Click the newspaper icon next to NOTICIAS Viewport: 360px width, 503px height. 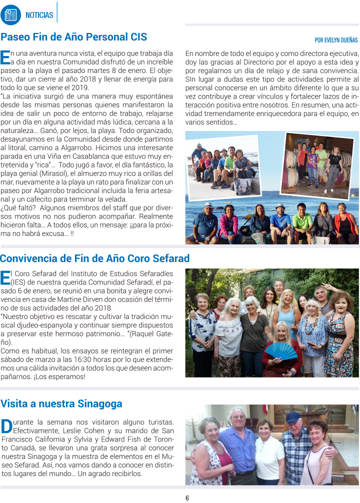pyautogui.click(x=10, y=14)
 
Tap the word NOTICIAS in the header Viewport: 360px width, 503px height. pyautogui.click(x=39, y=15)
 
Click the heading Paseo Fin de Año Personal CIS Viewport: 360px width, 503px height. pyautogui.click(x=74, y=37)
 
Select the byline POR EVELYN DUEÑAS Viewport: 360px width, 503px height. pyautogui.click(x=336, y=40)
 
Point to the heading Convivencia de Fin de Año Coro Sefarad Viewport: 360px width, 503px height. pyautogui.click(x=95, y=258)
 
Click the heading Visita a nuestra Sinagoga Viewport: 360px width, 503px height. pyautogui.click(x=61, y=403)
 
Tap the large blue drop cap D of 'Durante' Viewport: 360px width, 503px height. pyautogui.click(x=6, y=426)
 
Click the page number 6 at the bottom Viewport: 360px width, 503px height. pyautogui.click(x=187, y=498)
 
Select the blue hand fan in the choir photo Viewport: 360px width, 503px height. pyautogui.click(x=280, y=350)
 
